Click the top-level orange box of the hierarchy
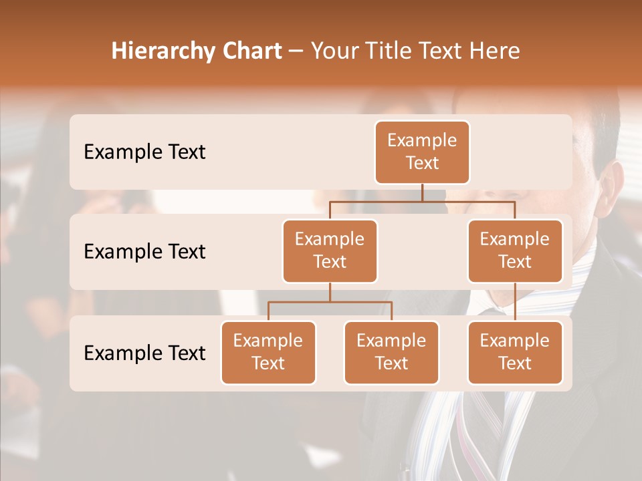point(422,152)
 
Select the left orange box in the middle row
point(330,251)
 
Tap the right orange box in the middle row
point(515,251)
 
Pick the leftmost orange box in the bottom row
point(268,353)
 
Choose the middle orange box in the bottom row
point(391,353)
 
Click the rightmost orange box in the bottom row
point(515,353)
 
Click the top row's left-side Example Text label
point(144,152)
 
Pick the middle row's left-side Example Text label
point(144,252)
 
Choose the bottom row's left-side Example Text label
point(144,353)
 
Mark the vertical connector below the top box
point(422,192)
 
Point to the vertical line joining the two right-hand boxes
point(515,302)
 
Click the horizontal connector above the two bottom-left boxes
point(330,302)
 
